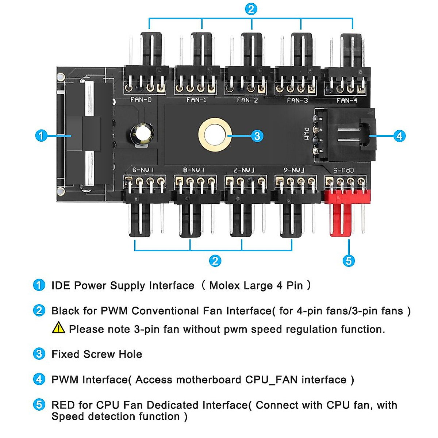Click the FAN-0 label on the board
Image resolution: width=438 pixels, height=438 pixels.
(x=141, y=99)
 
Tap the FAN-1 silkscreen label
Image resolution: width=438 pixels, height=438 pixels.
(x=196, y=100)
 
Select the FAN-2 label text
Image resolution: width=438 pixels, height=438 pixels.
(x=247, y=100)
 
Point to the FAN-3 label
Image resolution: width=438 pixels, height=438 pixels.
(x=297, y=100)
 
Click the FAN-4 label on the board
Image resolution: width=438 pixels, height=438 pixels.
(x=347, y=100)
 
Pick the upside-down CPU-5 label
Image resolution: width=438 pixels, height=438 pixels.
(x=343, y=170)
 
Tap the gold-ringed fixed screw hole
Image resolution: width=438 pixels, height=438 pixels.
(x=215, y=134)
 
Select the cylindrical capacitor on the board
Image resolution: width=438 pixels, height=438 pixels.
(x=142, y=134)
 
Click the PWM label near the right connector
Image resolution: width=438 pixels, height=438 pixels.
(x=307, y=133)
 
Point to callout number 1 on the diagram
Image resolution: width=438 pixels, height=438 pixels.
(x=41, y=136)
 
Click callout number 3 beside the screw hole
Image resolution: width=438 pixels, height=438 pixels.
(x=257, y=136)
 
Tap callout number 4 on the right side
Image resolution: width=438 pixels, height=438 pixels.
(x=399, y=136)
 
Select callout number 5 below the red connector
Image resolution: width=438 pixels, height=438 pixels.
(x=349, y=261)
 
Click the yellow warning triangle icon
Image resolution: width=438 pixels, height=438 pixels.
(x=58, y=328)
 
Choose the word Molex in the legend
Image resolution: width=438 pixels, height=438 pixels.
(x=224, y=285)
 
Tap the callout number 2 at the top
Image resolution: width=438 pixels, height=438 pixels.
(x=251, y=9)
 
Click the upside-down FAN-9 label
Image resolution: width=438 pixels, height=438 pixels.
(x=143, y=170)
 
